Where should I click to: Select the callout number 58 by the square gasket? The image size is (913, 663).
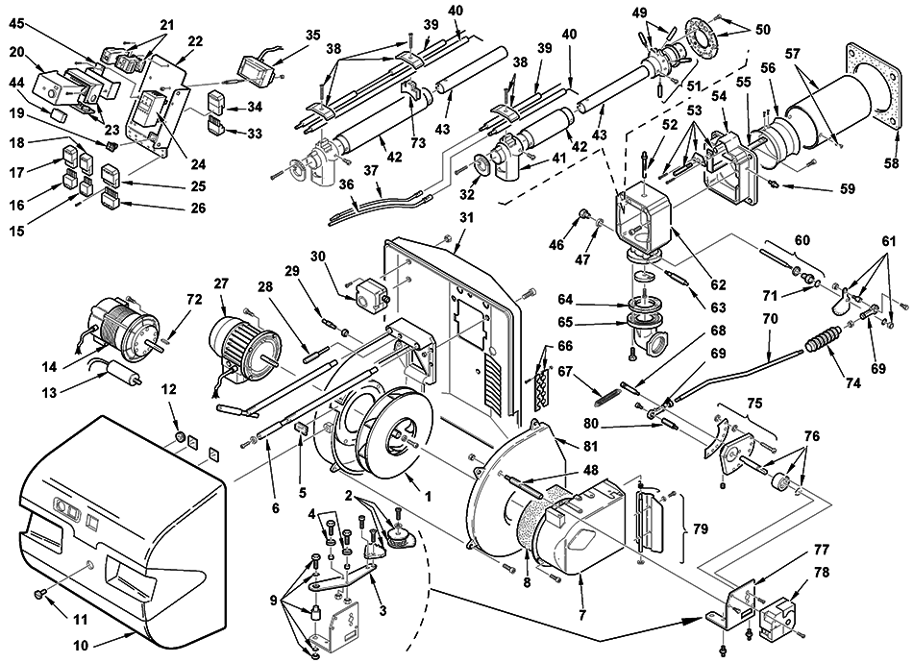click(892, 162)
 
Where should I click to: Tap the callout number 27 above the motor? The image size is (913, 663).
click(221, 283)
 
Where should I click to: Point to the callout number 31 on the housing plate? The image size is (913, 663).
click(466, 218)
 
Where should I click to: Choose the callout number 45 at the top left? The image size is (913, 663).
click(17, 23)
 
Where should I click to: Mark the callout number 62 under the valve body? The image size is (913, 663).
click(719, 284)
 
